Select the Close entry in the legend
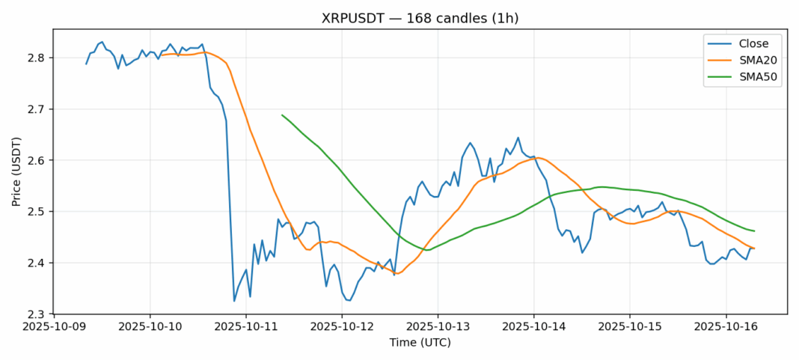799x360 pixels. point(748,43)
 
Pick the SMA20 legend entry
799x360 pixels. point(752,61)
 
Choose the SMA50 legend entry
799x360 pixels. point(752,77)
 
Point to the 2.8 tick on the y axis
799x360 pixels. point(37,58)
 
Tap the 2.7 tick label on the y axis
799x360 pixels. point(37,109)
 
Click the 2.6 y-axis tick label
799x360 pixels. point(37,160)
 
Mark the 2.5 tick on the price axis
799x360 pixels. point(37,212)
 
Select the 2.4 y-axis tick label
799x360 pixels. point(37,263)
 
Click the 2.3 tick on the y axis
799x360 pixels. point(37,314)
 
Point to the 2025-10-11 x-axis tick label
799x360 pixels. point(245,327)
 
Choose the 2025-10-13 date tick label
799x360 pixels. point(438,327)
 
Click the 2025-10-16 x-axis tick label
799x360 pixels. point(725,327)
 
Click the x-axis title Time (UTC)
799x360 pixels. point(420,342)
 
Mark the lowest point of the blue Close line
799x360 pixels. point(234,302)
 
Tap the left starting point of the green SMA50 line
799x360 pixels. point(282,115)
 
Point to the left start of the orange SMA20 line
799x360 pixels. point(162,55)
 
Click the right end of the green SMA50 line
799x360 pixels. point(754,231)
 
